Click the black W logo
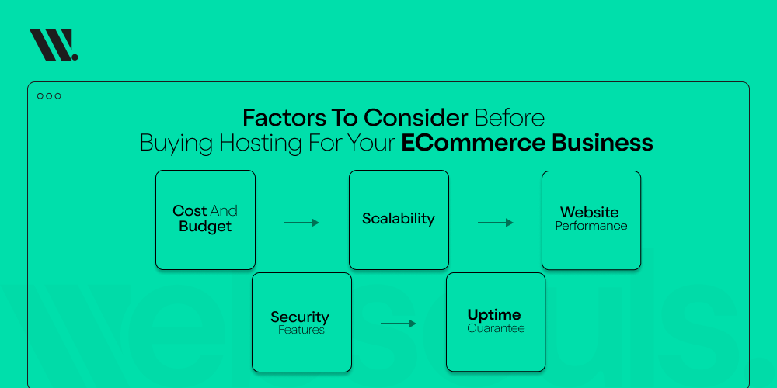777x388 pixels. coord(54,45)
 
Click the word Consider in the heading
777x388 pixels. coord(416,118)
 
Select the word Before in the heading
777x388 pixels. coord(510,118)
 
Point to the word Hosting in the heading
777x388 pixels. coord(260,143)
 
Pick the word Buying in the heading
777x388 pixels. coord(177,144)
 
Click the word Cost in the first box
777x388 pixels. coord(190,211)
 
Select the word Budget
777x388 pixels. coord(205,227)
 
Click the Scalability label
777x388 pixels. coord(399,219)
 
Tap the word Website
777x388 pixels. coord(590,213)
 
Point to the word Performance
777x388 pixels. coord(591,226)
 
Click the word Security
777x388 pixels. coord(300,317)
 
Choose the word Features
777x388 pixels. coord(301,330)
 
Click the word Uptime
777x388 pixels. coord(494,315)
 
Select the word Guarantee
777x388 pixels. coord(496,328)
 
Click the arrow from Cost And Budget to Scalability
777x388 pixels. coord(301,223)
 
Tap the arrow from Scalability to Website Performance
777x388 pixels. coord(496,223)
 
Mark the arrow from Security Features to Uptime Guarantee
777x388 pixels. coord(399,324)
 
